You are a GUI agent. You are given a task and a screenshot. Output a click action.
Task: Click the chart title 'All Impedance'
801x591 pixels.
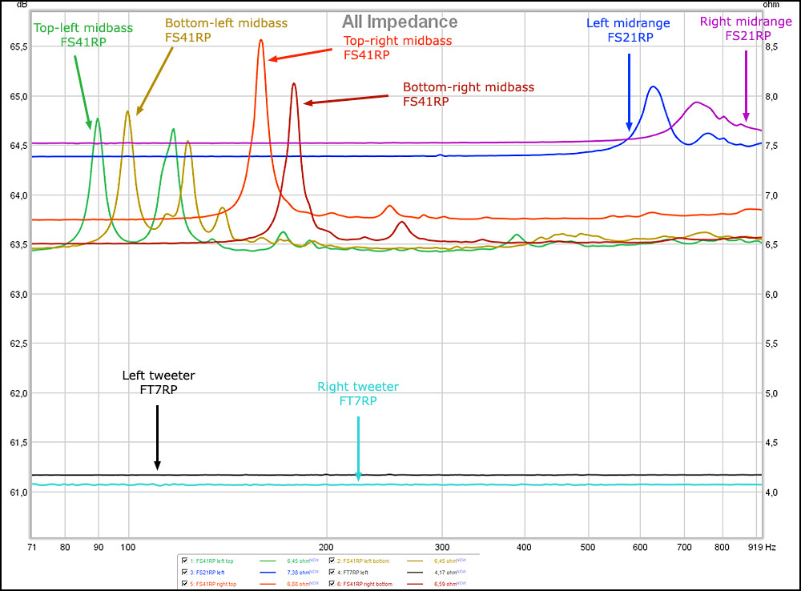400,22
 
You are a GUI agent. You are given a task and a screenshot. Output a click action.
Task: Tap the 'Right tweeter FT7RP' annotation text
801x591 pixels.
357,394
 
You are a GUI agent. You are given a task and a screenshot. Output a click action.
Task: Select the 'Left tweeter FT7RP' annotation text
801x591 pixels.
158,382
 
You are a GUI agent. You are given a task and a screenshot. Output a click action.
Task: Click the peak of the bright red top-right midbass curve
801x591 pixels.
261,40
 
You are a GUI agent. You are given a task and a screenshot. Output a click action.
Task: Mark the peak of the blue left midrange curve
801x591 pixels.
654,86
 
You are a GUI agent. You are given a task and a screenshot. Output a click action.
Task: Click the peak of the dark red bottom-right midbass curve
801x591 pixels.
294,83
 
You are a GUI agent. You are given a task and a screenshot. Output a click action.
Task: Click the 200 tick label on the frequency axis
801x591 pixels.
326,547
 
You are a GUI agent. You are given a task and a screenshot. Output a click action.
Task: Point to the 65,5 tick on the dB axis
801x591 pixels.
17,46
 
